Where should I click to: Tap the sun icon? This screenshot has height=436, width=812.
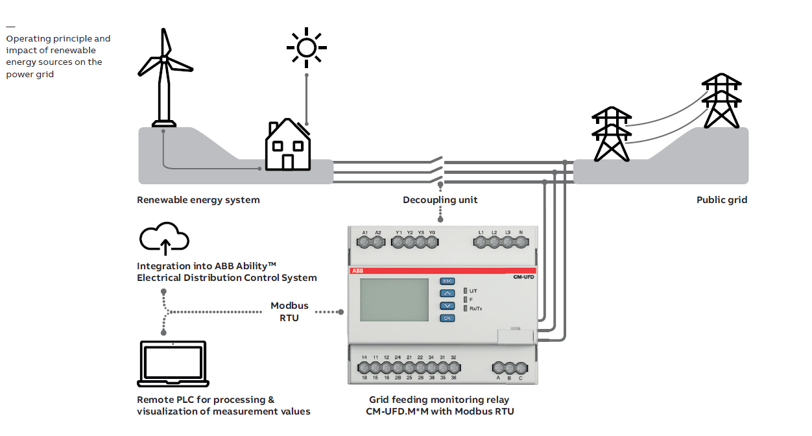[x=307, y=47]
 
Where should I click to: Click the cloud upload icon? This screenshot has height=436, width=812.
[x=165, y=238]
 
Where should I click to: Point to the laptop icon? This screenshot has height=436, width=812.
[x=173, y=365]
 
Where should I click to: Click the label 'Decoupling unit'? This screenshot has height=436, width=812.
[x=440, y=200]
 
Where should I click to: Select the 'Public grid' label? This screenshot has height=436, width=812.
[x=721, y=200]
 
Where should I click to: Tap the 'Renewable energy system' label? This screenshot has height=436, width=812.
[x=198, y=200]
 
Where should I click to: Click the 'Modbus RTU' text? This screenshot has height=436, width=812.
[x=289, y=311]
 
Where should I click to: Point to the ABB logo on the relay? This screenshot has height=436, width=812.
[x=358, y=270]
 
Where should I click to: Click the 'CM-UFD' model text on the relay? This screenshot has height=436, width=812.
[x=518, y=277]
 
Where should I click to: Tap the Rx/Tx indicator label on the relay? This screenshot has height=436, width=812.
[x=475, y=309]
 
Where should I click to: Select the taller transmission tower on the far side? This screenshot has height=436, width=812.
[x=721, y=100]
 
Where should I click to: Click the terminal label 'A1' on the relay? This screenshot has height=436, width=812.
[x=365, y=232]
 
